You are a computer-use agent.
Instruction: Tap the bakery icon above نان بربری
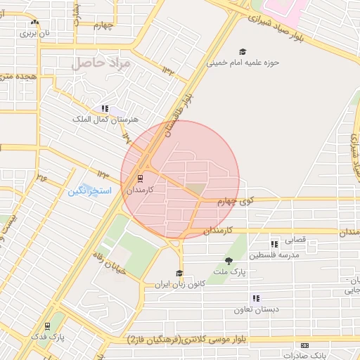point(34,22)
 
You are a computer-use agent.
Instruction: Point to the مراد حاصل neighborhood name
point(101,64)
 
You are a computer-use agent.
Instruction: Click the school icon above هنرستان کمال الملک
point(105,108)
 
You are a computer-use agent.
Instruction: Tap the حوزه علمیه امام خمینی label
point(243,62)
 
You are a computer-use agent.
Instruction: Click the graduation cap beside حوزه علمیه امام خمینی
point(243,51)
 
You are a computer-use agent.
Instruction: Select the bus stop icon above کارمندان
point(139,177)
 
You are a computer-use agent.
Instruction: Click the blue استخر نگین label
point(85,191)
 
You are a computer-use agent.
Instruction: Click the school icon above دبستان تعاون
point(256,298)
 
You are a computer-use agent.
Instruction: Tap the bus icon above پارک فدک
point(47,326)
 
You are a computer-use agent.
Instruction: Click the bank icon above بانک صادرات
point(304,345)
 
